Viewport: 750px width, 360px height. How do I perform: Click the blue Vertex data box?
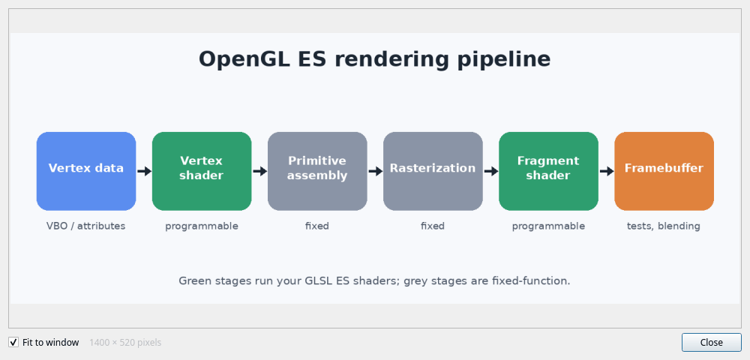click(86, 171)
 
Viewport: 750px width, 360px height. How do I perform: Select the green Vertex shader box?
click(202, 171)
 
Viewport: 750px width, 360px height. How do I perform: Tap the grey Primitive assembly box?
click(317, 171)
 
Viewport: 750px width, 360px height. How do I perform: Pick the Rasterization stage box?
click(433, 171)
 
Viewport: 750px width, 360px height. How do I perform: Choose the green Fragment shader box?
click(549, 171)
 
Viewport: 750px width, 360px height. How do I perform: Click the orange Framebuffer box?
click(664, 171)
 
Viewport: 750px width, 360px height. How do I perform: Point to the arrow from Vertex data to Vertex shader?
click(145, 171)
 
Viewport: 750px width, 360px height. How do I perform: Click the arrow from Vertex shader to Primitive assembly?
click(260, 171)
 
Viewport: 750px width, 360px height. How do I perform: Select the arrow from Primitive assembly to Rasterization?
click(376, 171)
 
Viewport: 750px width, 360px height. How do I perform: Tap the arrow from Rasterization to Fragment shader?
click(491, 171)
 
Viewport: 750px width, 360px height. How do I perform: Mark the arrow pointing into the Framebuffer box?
click(607, 171)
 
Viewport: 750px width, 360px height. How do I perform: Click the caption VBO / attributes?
click(86, 226)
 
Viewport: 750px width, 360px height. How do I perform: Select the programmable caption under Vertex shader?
click(202, 226)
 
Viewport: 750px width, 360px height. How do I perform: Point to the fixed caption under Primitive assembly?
click(317, 226)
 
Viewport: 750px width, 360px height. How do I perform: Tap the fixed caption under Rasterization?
click(433, 226)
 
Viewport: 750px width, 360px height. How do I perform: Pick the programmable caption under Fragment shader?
click(549, 226)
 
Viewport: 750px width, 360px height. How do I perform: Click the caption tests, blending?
click(664, 226)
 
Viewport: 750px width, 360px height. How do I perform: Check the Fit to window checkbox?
click(13, 342)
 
